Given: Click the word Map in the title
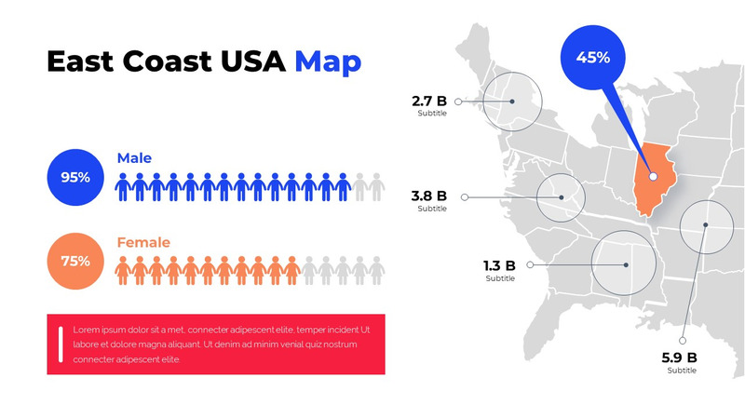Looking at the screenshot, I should coord(328,61).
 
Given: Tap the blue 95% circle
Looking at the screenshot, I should coord(75,177).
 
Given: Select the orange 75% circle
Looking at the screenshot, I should coord(75,261).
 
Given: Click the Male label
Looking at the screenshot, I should coord(134,158).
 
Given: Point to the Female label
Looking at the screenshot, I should coord(143,243).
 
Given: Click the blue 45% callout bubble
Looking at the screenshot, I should coord(593,58).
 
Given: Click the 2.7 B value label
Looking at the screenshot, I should coord(429,101).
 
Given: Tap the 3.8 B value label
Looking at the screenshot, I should coord(429,196).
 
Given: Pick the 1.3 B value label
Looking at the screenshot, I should coord(500,265).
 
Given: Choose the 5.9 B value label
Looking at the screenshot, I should coord(679,358).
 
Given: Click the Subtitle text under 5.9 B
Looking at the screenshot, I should coord(681,371).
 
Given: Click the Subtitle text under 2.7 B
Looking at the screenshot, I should coord(432,114).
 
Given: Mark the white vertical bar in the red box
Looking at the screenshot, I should coord(61,344).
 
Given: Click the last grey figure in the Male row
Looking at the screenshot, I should coord(376,187).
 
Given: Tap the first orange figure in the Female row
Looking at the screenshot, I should coord(122,271).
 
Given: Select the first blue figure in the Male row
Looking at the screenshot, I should coord(122,187).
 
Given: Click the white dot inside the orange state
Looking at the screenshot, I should coord(653,176).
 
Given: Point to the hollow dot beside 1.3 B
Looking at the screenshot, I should coord(530,264).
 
